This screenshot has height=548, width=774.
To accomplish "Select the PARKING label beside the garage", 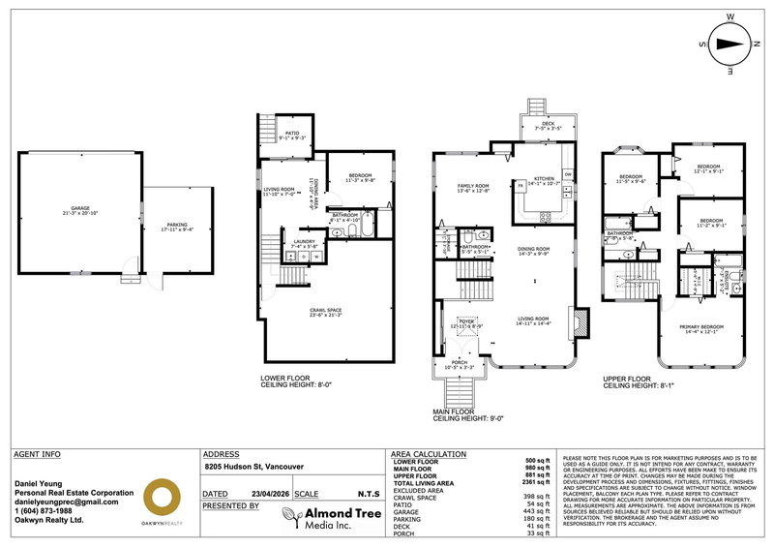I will point(176,226).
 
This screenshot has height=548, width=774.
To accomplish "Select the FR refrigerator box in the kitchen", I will point(520,184).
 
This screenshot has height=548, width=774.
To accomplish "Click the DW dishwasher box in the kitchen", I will point(568,173).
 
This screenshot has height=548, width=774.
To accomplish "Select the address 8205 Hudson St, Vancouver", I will point(253,467).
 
